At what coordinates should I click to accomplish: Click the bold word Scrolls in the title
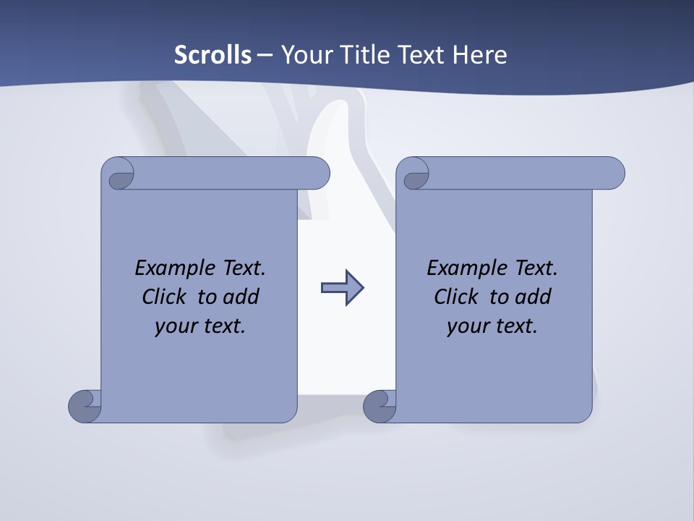pyautogui.click(x=213, y=55)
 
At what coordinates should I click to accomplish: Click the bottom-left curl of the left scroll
pyautogui.click(x=85, y=406)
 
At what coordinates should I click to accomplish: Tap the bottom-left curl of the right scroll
pyautogui.click(x=380, y=406)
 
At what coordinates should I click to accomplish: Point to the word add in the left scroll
pyautogui.click(x=241, y=297)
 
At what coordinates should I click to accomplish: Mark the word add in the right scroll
pyautogui.click(x=533, y=297)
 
